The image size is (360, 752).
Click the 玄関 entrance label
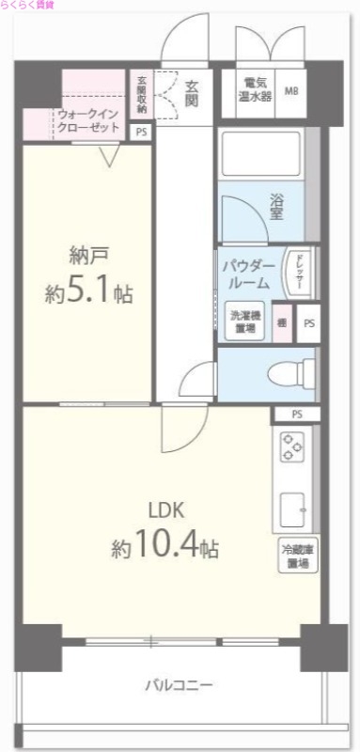pos(191,92)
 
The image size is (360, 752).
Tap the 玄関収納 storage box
pos(141,94)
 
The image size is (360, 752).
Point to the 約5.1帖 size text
pos(88,293)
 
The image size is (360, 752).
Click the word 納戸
pos(87,255)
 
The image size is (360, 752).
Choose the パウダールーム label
pos(249,274)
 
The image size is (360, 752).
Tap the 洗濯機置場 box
pos(243,321)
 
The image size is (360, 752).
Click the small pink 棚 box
pos(281,321)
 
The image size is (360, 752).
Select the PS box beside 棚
pos(306,323)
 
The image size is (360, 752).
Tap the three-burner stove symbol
pos(291,447)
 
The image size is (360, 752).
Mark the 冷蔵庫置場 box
pos(296,556)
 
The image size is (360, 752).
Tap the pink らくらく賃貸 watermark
pos(28,6)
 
